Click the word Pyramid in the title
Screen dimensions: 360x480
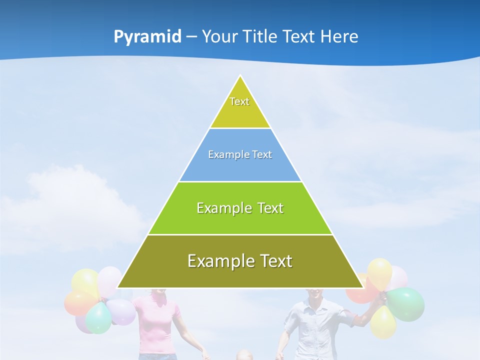pyautogui.click(x=147, y=37)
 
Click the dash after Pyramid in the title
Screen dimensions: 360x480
pyautogui.click(x=191, y=37)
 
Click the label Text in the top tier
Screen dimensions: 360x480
pyautogui.click(x=239, y=101)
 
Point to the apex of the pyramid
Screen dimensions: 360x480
pyautogui.click(x=240, y=76)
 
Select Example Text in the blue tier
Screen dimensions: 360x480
pyautogui.click(x=240, y=154)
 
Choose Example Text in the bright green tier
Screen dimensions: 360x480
pyautogui.click(x=240, y=208)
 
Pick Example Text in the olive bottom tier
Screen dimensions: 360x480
pyautogui.click(x=240, y=261)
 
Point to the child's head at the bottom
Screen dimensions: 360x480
pyautogui.click(x=244, y=355)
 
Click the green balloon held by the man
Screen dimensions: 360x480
pyautogui.click(x=406, y=304)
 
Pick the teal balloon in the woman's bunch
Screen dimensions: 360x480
pyautogui.click(x=98, y=318)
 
